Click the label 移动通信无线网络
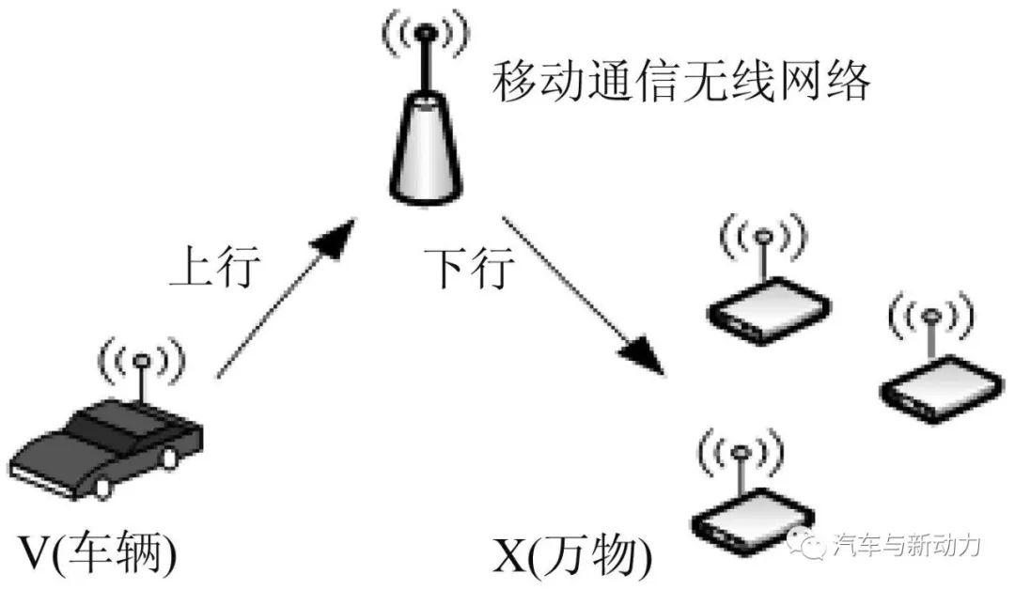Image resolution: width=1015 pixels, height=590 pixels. point(681,83)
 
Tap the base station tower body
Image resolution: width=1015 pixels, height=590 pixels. point(426,155)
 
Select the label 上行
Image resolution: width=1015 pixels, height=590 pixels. point(212,270)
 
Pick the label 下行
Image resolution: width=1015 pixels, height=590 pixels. point(469,270)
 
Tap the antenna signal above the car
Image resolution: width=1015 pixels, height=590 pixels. point(142,362)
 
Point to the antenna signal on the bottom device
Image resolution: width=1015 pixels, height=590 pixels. point(741,453)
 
